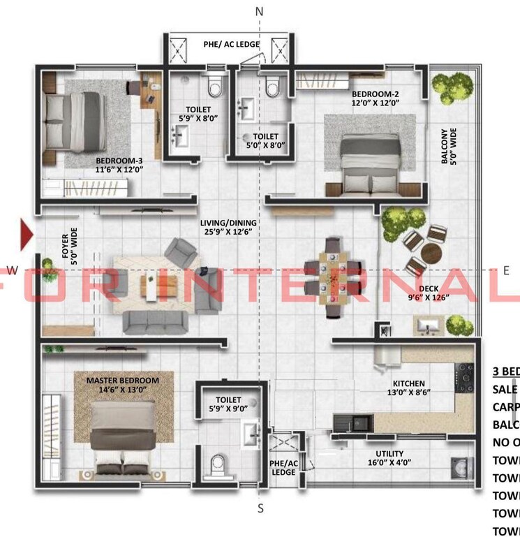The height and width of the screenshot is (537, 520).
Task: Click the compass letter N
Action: coord(260,12)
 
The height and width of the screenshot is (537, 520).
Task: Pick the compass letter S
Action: coord(260,508)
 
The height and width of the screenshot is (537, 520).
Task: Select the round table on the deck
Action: coord(432,251)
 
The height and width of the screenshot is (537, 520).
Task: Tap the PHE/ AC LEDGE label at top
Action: coord(232,45)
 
